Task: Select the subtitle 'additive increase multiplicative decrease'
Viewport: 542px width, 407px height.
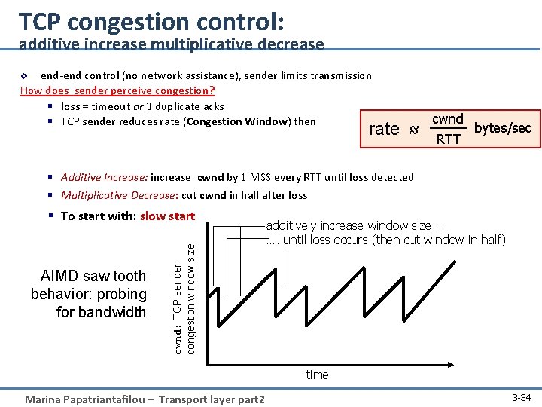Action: pos(172,45)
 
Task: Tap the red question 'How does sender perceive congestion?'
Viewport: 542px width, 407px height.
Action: pos(117,90)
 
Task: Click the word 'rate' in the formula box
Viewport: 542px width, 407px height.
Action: pos(384,129)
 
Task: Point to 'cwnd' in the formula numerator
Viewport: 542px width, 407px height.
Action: pos(448,119)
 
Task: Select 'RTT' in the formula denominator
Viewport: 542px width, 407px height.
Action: pos(448,139)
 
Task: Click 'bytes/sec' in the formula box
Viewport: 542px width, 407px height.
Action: pos(502,128)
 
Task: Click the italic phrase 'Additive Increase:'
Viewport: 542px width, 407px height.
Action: pos(104,177)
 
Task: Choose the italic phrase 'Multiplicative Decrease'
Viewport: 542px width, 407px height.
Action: pos(117,195)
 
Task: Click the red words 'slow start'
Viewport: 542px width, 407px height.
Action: pos(167,216)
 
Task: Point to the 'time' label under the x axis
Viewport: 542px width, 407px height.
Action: pos(317,375)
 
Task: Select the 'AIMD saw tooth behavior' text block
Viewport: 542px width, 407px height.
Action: pos(89,294)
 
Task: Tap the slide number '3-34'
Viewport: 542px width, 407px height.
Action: pos(521,397)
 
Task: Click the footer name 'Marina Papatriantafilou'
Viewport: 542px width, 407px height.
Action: pos(90,399)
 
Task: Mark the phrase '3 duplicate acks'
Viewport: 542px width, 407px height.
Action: pos(185,106)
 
